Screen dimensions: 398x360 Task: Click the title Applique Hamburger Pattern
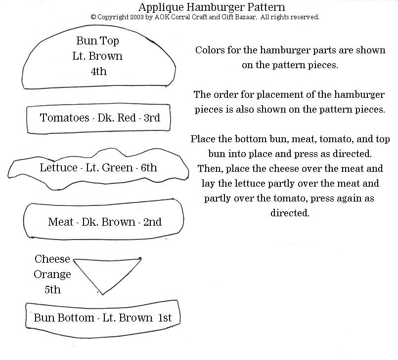pyautogui.click(x=212, y=7)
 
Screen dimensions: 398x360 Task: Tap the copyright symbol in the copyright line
pyautogui.click(x=93, y=17)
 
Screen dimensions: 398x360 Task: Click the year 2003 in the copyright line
pyautogui.click(x=137, y=17)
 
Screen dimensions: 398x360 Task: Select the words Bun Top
pyautogui.click(x=97, y=41)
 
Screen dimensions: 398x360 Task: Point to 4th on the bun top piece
pyautogui.click(x=98, y=71)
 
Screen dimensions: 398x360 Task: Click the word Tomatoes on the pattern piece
pyautogui.click(x=64, y=118)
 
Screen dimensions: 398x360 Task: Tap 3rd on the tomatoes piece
pyautogui.click(x=152, y=118)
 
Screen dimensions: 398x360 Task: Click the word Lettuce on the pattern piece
pyautogui.click(x=58, y=167)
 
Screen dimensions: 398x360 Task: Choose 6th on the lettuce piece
pyautogui.click(x=149, y=167)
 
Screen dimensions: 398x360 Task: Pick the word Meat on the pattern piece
pyautogui.click(x=61, y=222)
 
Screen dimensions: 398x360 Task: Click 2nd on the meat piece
pyautogui.click(x=152, y=222)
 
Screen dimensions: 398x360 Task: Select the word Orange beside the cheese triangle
pyautogui.click(x=52, y=275)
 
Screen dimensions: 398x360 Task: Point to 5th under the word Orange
pyautogui.click(x=52, y=289)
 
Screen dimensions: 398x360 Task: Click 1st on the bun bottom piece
pyautogui.click(x=165, y=318)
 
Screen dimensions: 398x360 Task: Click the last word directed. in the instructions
pyautogui.click(x=290, y=213)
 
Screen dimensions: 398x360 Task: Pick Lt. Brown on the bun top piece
pyautogui.click(x=97, y=56)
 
